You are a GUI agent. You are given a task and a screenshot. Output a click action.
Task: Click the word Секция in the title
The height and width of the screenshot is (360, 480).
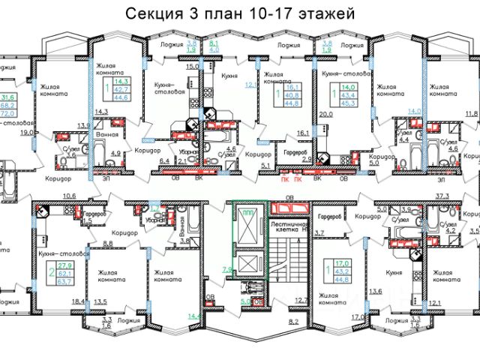coord(156,13)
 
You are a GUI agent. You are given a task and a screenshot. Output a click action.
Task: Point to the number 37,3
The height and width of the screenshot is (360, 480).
coord(442,196)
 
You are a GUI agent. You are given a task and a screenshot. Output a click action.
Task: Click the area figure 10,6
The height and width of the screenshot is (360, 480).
coord(69,196)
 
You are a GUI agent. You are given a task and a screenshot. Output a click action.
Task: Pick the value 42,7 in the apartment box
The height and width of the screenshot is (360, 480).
coord(120,89)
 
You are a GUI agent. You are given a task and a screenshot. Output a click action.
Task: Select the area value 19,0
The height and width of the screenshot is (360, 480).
coord(26,133)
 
